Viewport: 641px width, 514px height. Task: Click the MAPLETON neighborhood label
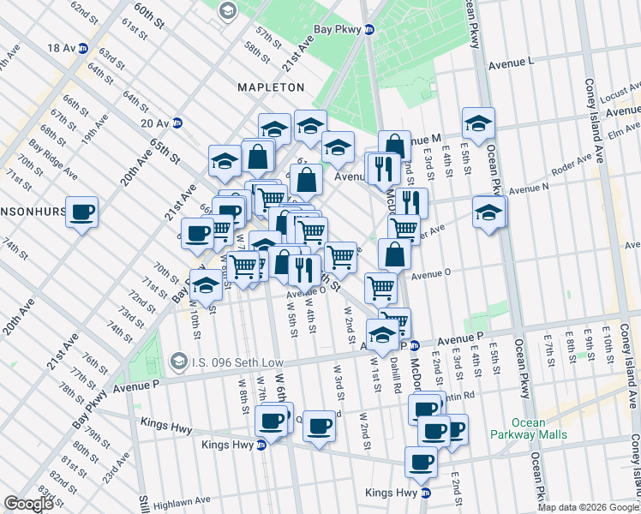tap(273, 87)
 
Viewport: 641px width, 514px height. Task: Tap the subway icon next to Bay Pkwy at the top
tap(369, 29)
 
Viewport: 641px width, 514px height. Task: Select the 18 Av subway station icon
tap(83, 48)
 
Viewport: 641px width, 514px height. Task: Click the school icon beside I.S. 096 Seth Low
tap(178, 360)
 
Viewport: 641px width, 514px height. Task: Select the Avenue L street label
tap(511, 63)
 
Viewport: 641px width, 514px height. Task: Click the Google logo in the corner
tap(28, 504)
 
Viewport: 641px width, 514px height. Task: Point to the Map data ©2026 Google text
tap(589, 507)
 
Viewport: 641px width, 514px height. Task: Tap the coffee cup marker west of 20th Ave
tap(82, 212)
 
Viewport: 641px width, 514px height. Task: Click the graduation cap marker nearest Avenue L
tap(478, 123)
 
